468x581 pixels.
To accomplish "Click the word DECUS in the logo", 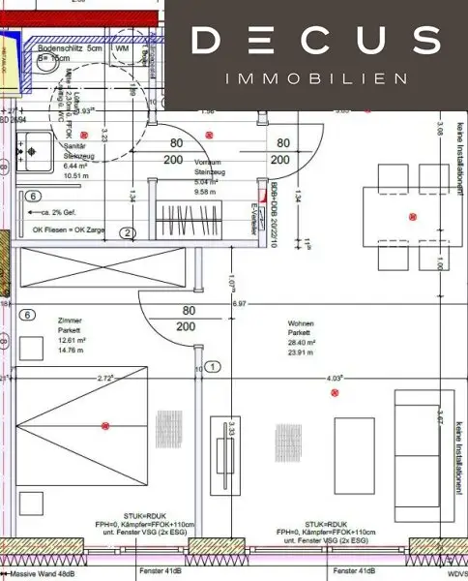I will click(x=316, y=41).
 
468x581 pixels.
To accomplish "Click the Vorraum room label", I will click(x=207, y=162).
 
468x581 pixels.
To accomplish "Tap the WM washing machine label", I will click(x=122, y=46).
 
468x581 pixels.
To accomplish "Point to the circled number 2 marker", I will click(x=127, y=232).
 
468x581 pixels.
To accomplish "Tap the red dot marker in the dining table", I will click(x=414, y=216).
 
